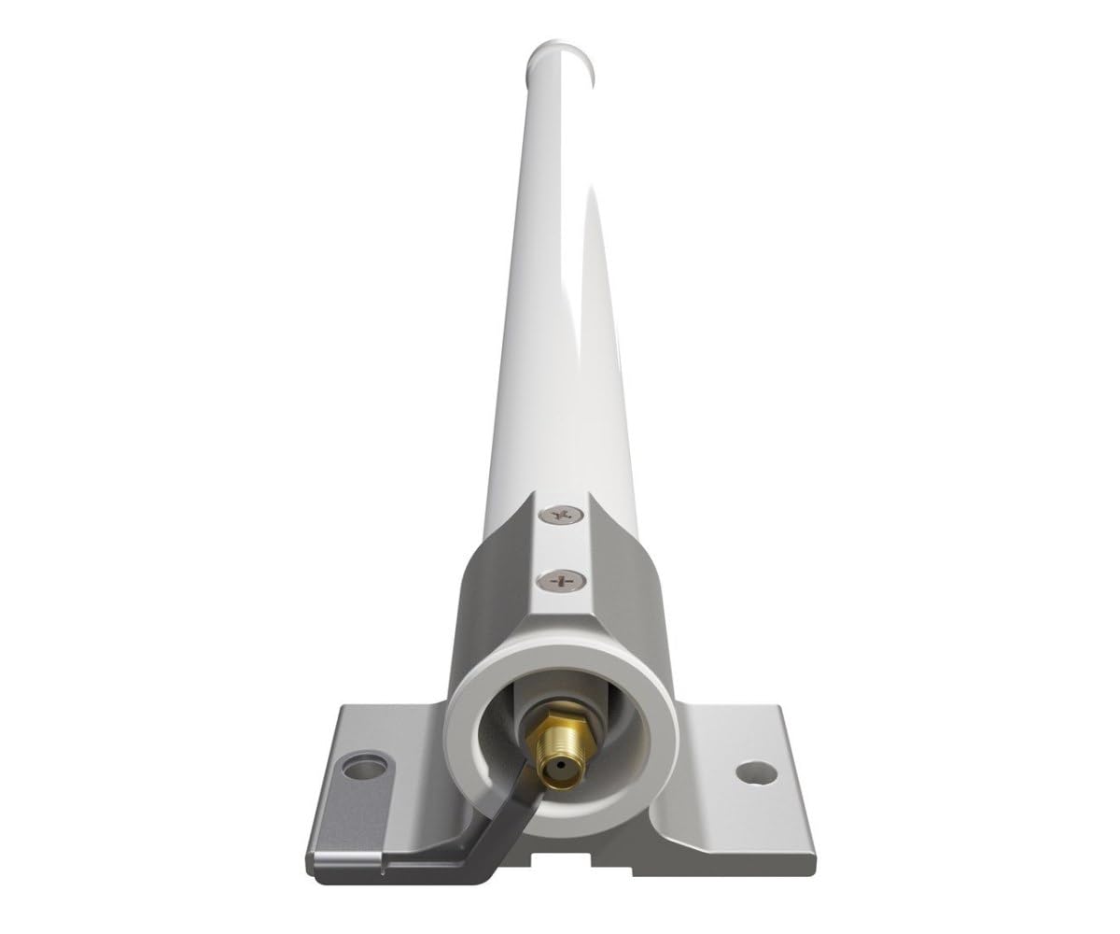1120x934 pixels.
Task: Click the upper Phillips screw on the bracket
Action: click(563, 515)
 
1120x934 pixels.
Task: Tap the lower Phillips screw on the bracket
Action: click(562, 580)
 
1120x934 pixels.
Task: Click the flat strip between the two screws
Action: click(562, 547)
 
